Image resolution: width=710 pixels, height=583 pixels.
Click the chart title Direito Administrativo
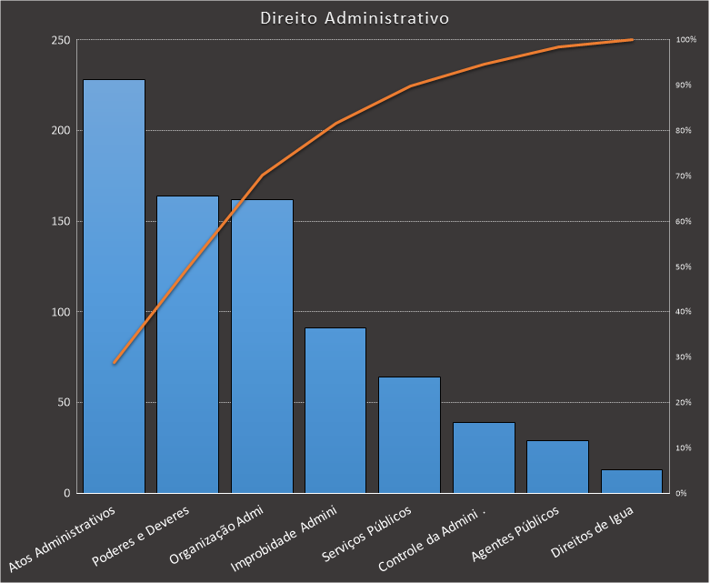pos(354,18)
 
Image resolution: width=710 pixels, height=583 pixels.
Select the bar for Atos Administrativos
pos(114,286)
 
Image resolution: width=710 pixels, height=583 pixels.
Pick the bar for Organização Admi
pos(262,346)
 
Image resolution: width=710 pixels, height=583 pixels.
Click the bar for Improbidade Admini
pos(335,410)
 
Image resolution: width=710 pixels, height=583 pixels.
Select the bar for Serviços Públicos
pos(409,435)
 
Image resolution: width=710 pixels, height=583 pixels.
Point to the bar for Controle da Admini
pos(484,457)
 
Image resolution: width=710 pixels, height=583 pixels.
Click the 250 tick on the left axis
pos(61,40)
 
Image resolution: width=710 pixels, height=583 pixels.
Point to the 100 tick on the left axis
pos(61,312)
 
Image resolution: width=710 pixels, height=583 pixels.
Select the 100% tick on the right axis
pos(685,40)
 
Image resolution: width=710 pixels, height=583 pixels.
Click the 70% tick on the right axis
pos(684,176)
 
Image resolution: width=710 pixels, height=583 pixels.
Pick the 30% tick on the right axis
pos(684,357)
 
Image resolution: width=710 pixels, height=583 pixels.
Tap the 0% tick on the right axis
pos(682,493)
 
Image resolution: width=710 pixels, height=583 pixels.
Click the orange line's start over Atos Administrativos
pos(115,363)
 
